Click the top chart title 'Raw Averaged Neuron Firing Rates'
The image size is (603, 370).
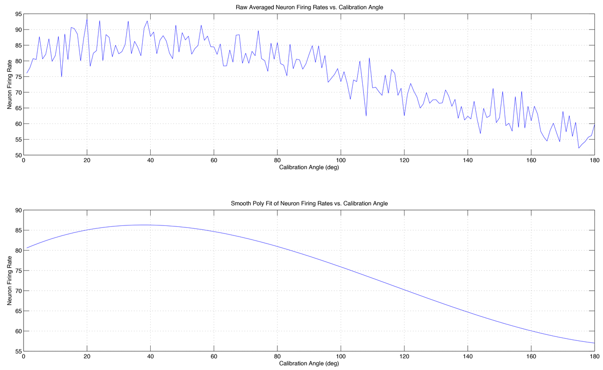click(x=310, y=8)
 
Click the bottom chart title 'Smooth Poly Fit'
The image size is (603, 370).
click(x=310, y=203)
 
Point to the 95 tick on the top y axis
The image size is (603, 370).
click(x=18, y=14)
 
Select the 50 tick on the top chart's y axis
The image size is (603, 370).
click(x=18, y=155)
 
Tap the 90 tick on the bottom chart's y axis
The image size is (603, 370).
click(x=18, y=210)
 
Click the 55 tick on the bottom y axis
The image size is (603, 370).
click(x=18, y=351)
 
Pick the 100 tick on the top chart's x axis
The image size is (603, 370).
click(x=341, y=161)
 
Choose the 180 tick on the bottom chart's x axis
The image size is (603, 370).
click(x=594, y=357)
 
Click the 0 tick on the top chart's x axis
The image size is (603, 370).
click(x=24, y=161)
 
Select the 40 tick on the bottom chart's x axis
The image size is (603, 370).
click(x=150, y=357)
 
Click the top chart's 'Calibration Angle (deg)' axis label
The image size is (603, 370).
click(x=309, y=168)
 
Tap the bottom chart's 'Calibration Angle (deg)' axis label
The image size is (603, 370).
click(x=309, y=363)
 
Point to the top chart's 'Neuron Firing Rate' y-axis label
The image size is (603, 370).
click(x=10, y=85)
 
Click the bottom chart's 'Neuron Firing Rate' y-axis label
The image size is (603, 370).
click(x=10, y=281)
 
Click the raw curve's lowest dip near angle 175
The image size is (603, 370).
click(x=579, y=148)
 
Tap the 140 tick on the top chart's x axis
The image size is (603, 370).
click(x=467, y=161)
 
